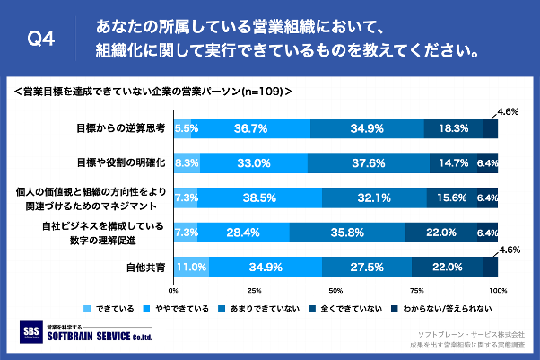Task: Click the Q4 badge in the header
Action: (41, 39)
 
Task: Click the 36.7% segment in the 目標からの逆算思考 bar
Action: (250, 128)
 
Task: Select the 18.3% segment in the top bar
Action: (454, 128)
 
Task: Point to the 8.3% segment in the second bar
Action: (187, 162)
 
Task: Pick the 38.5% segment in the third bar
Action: (260, 198)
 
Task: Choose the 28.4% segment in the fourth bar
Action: (243, 232)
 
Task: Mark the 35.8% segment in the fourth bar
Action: (347, 232)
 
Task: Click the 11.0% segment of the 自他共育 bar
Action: (191, 267)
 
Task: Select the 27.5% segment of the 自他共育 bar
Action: (367, 267)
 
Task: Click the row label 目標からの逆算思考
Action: (121, 128)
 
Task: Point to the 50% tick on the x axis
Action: (335, 291)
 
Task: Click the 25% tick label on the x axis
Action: (254, 291)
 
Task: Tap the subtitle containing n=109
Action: (153, 91)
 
